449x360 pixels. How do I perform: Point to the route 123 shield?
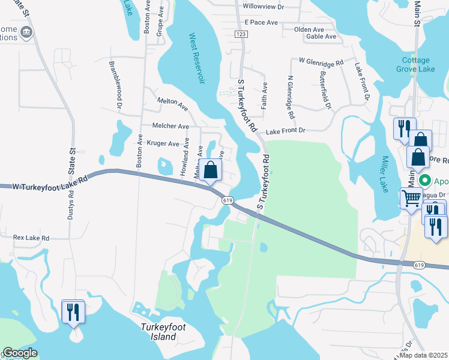(241, 35)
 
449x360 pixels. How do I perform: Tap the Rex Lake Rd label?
(31, 238)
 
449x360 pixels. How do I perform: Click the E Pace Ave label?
(261, 22)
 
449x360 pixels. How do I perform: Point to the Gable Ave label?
(321, 37)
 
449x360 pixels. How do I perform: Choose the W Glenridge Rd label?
(321, 62)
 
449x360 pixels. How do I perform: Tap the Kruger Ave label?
(163, 144)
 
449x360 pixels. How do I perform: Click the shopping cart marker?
(411, 197)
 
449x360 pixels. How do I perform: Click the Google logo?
(20, 353)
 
